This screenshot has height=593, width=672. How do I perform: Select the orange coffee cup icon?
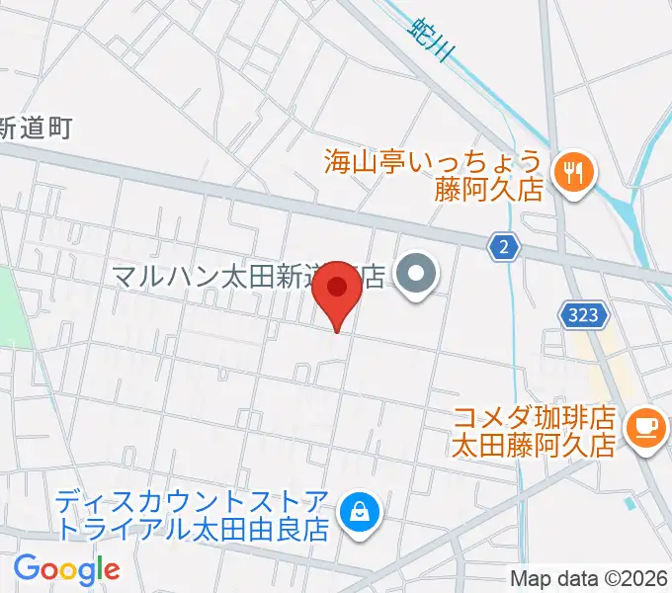pyautogui.click(x=645, y=426)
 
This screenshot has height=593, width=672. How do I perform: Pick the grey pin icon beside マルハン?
pyautogui.click(x=415, y=275)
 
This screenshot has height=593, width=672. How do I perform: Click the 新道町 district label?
pyautogui.click(x=36, y=127)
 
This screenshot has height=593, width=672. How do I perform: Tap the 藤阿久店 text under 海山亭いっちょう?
pyautogui.click(x=490, y=189)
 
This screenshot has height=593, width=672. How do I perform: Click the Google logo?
pyautogui.click(x=66, y=568)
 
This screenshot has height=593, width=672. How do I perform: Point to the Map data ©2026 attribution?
pyautogui.click(x=589, y=578)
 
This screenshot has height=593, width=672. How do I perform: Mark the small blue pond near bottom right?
pyautogui.click(x=630, y=502)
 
